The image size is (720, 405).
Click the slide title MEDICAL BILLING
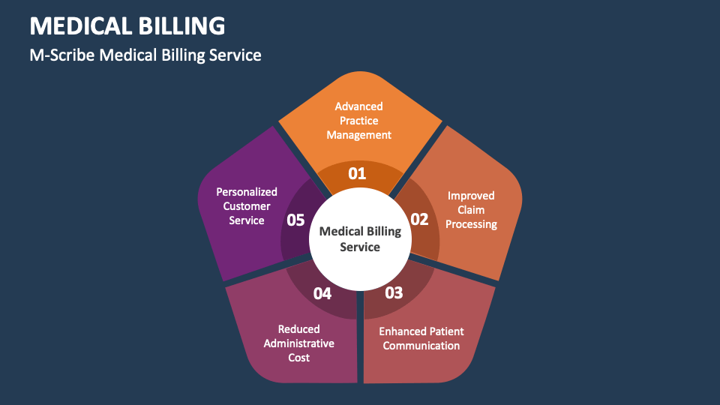tap(127, 25)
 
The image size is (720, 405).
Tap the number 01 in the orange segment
tap(357, 174)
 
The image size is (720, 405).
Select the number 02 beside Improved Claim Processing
tap(418, 220)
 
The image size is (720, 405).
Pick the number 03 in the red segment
tap(394, 292)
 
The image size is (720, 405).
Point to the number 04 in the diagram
tap(322, 293)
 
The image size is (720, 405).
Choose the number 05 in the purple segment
tap(295, 220)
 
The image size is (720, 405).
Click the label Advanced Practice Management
tap(358, 121)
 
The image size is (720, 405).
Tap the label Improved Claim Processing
tap(471, 210)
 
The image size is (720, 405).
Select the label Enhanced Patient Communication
tap(421, 338)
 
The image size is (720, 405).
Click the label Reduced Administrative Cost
tap(298, 343)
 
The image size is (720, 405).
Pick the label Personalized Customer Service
tap(247, 206)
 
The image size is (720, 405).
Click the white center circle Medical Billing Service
tap(360, 238)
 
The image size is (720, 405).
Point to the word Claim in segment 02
tap(471, 210)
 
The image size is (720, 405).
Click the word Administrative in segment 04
tap(298, 343)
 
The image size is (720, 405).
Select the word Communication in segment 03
tap(421, 346)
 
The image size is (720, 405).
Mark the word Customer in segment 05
tap(247, 206)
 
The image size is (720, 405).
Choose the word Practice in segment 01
tap(358, 121)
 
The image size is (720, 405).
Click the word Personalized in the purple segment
tap(247, 192)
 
